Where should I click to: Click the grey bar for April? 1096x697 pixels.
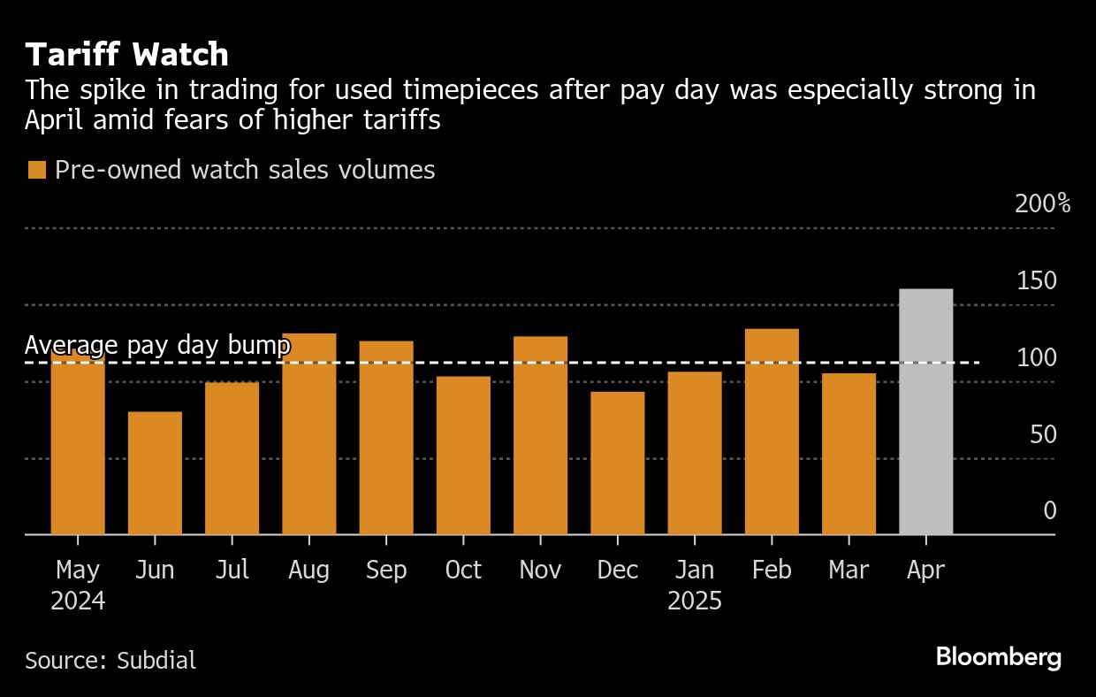click(x=925, y=412)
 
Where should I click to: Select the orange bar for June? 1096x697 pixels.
click(x=155, y=473)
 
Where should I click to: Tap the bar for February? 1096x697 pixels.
click(x=772, y=432)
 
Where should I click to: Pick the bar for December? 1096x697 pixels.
click(x=617, y=463)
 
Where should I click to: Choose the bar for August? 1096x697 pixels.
click(x=309, y=434)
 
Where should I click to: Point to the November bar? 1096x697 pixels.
click(x=540, y=435)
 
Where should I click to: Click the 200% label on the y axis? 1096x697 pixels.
click(x=1042, y=204)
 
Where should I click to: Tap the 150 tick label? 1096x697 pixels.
click(x=1036, y=281)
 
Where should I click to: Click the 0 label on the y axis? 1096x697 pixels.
click(x=1049, y=511)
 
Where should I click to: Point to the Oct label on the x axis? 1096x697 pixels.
click(x=463, y=571)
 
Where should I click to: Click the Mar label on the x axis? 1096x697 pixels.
click(x=849, y=571)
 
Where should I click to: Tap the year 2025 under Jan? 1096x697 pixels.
click(x=695, y=601)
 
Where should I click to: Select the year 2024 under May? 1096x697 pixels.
click(x=78, y=601)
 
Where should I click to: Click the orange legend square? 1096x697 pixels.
click(x=36, y=170)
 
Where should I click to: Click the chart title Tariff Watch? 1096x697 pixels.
click(x=127, y=55)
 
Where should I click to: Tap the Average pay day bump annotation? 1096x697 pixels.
click(x=157, y=345)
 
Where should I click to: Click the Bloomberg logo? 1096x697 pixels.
click(x=998, y=657)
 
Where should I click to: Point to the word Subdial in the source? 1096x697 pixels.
click(x=156, y=660)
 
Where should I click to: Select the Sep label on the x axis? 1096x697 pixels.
click(x=386, y=571)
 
